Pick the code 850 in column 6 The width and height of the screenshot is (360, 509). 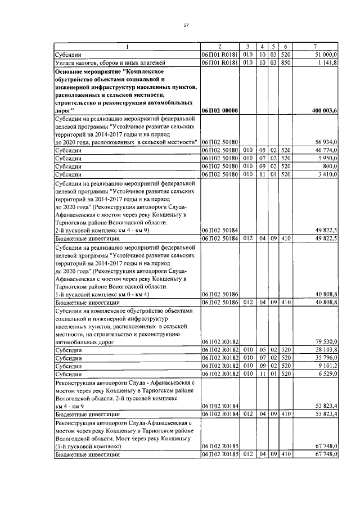click(x=285, y=62)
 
